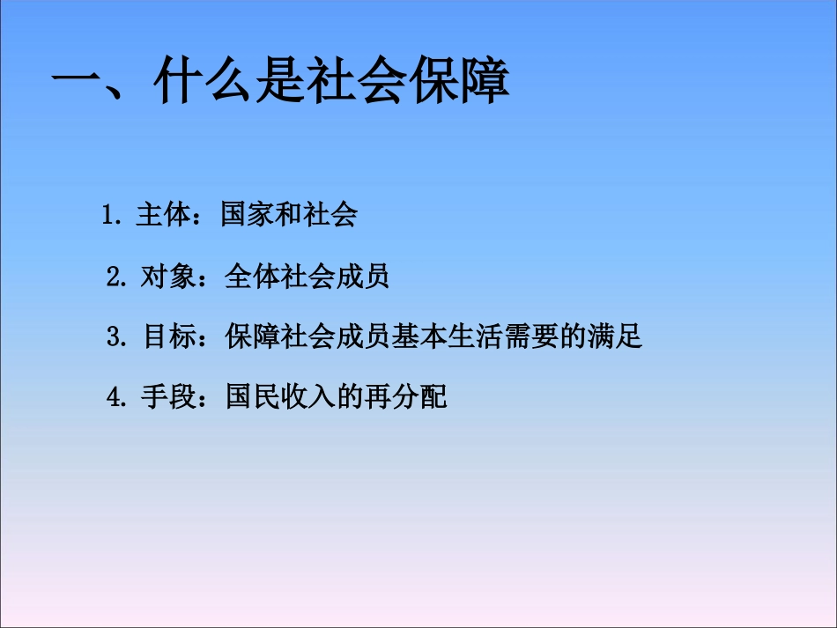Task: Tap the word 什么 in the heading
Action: [x=203, y=86]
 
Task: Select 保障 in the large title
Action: [x=457, y=86]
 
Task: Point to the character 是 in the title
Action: [x=278, y=86]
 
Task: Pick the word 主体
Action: [x=163, y=216]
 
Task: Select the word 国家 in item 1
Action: [x=248, y=216]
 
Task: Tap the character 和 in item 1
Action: [x=289, y=216]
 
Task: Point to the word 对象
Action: [x=167, y=277]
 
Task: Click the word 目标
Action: [x=168, y=337]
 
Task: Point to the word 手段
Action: [x=167, y=397]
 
